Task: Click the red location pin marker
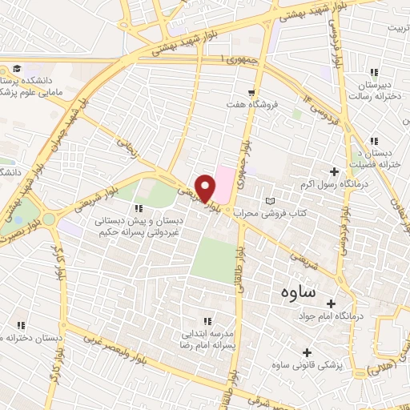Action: coord(206,187)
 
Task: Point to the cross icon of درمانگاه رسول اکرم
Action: coord(335,171)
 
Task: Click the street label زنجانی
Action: coord(128,147)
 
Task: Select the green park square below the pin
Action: coord(210,258)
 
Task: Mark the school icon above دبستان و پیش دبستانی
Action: coord(140,208)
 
